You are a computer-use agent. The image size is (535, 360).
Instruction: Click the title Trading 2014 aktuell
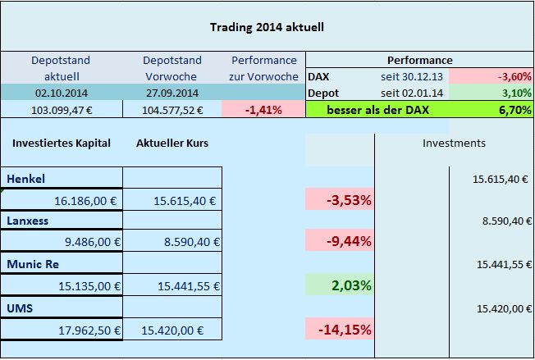pyautogui.click(x=267, y=26)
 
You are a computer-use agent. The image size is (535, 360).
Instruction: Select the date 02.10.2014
pyautogui.click(x=61, y=93)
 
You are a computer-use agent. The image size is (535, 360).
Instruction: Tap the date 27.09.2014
pyautogui.click(x=172, y=93)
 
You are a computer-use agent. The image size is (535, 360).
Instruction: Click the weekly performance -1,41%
pyautogui.click(x=264, y=109)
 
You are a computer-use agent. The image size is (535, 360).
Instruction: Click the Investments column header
pyautogui.click(x=454, y=143)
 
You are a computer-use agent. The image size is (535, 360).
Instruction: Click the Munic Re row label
pyautogui.click(x=34, y=264)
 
